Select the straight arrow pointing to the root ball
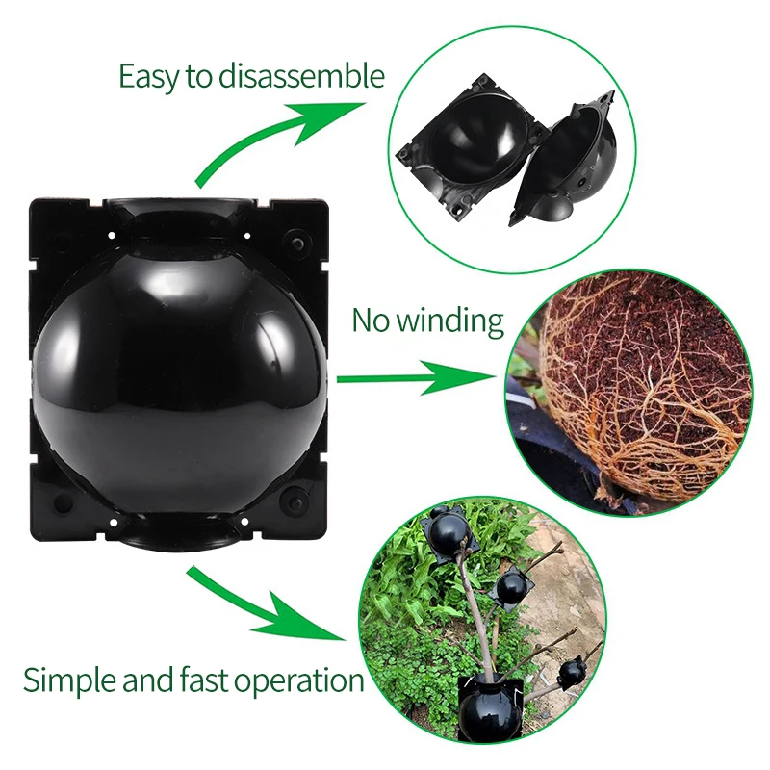414,377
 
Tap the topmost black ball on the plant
448,532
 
